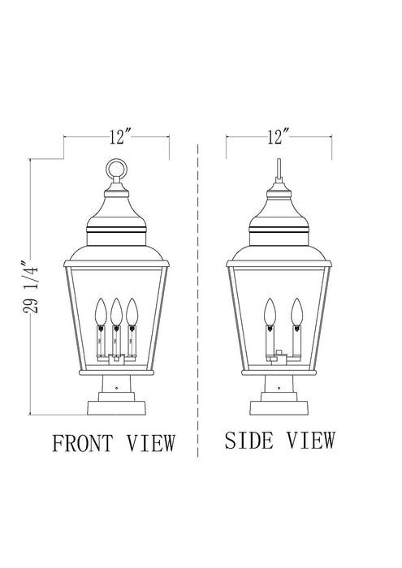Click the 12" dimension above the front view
(117, 136)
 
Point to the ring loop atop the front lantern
(116, 170)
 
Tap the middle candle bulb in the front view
(116, 310)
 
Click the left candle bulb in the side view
(269, 310)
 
